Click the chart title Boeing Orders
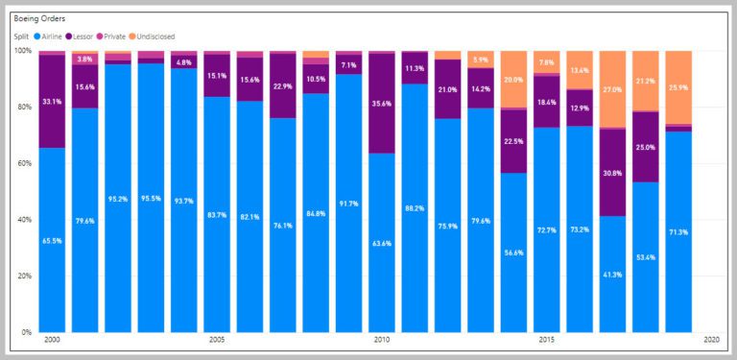coord(39,19)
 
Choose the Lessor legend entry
coord(79,36)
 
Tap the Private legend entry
coord(110,36)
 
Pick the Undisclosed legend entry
coord(152,36)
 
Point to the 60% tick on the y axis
coord(23,163)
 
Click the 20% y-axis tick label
coord(23,276)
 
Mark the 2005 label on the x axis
coord(217,339)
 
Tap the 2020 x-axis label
coord(712,339)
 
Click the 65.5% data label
coord(52,241)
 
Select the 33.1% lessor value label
coord(52,102)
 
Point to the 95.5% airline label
coord(151,199)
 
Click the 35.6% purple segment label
coord(382,105)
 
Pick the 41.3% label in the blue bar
coord(612,275)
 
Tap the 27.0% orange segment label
coord(612,90)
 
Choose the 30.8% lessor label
coord(612,173)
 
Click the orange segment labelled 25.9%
coord(678,87)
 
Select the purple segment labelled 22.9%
coord(282,85)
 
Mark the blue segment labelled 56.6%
coord(513,252)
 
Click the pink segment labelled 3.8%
coord(84,60)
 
